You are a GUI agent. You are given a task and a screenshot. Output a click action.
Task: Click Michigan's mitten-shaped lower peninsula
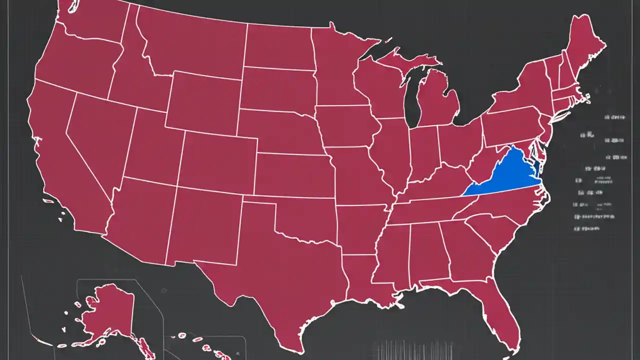437,100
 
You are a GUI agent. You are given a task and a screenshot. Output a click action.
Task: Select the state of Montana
190,45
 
